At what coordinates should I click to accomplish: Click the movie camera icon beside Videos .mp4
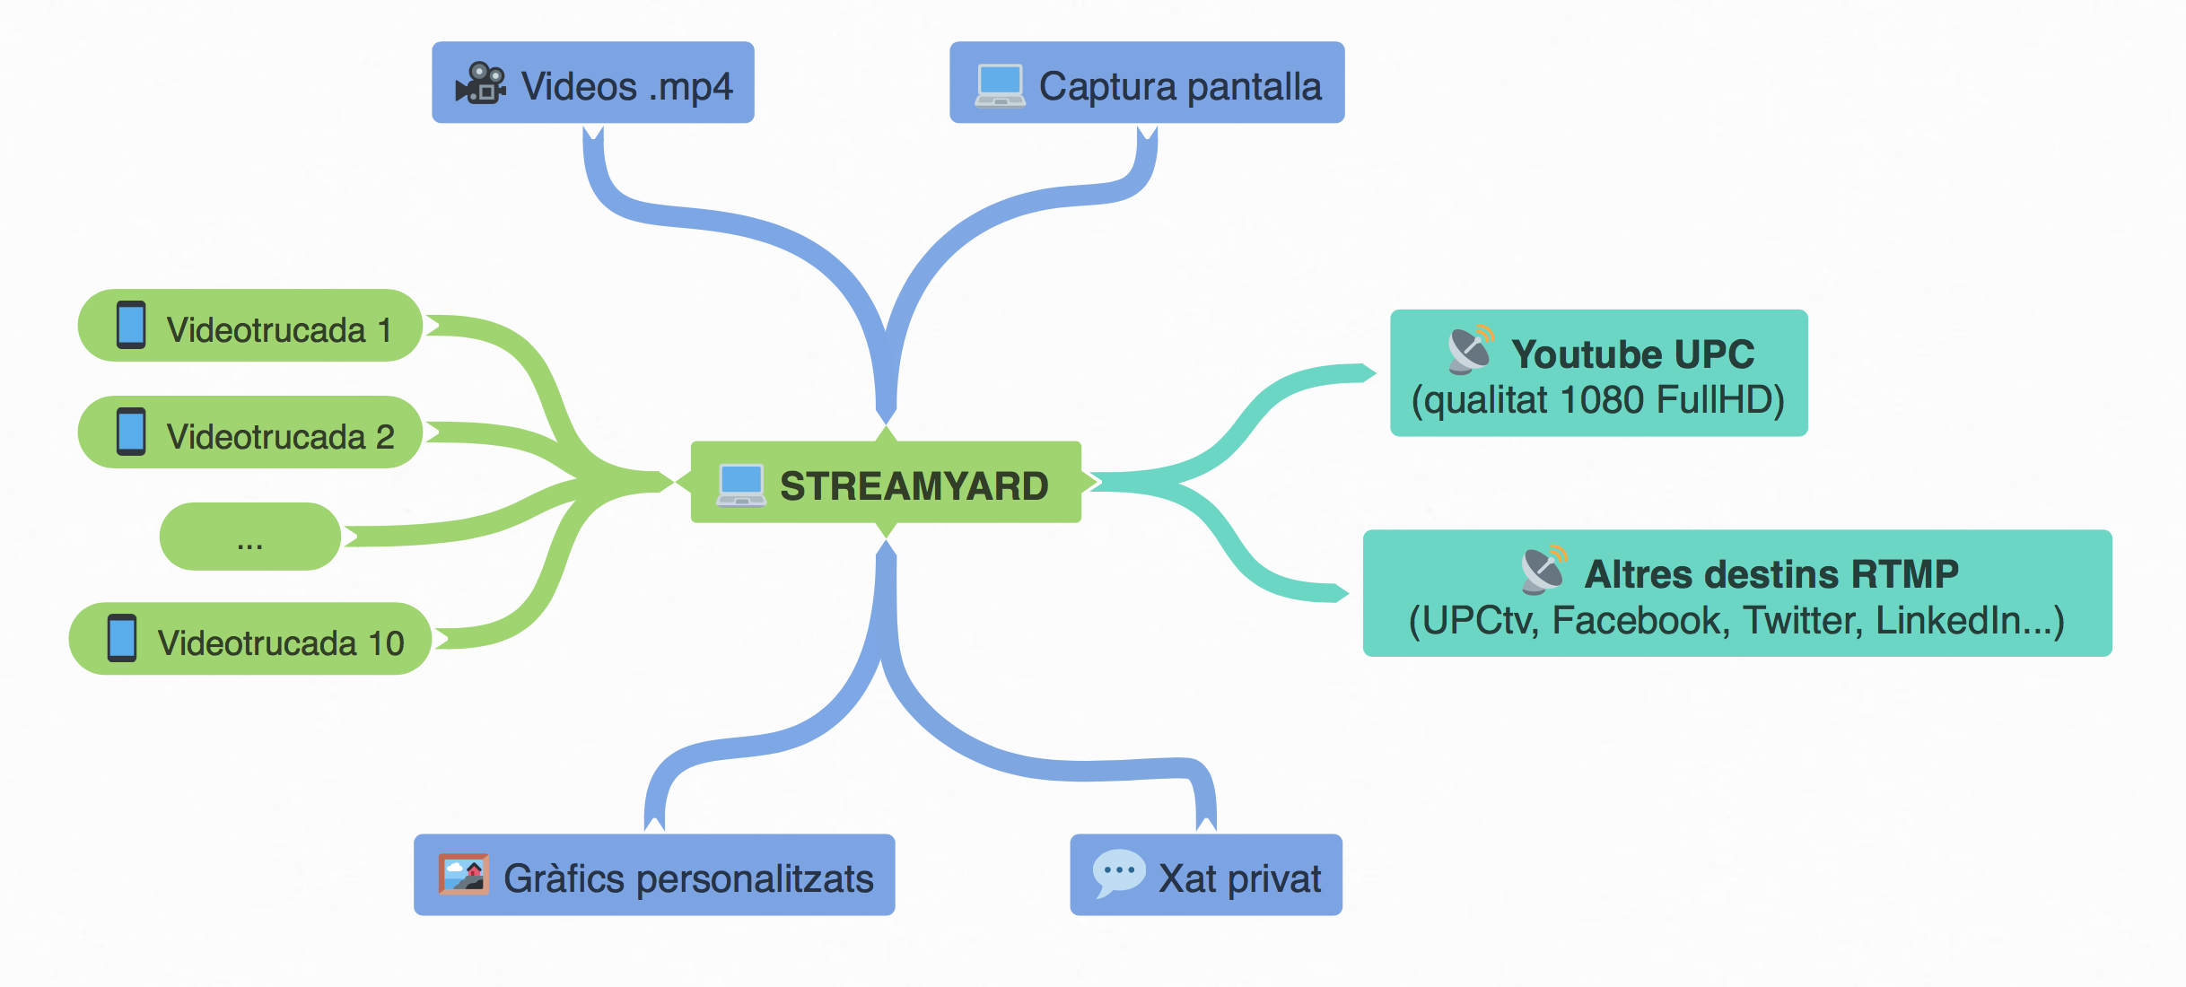click(x=481, y=83)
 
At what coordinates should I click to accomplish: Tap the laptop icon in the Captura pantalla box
click(x=1000, y=85)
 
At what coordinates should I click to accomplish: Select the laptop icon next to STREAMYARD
click(x=741, y=485)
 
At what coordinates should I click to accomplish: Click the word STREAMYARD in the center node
click(x=914, y=486)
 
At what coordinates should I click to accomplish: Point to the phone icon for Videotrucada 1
click(x=131, y=325)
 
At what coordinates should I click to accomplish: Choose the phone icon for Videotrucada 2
click(x=131, y=432)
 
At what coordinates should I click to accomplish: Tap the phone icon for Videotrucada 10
click(x=122, y=638)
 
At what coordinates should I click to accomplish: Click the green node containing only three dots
click(x=249, y=537)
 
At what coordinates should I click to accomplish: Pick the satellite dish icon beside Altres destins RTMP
click(x=1544, y=570)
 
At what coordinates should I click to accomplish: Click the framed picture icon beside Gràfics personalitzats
click(x=463, y=874)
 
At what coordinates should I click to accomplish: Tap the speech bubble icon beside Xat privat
click(x=1118, y=873)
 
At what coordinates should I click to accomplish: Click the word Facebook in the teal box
click(x=1640, y=620)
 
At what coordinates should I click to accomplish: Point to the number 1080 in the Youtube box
click(x=1601, y=400)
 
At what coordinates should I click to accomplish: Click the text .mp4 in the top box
click(x=691, y=87)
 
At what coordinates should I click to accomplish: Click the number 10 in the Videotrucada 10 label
click(x=386, y=643)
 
